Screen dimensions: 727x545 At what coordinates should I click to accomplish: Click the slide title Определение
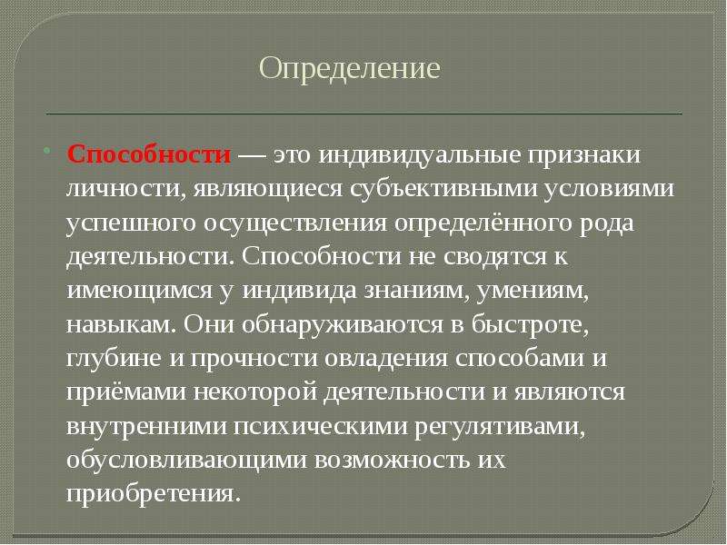point(349,69)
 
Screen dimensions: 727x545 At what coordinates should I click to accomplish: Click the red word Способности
point(149,154)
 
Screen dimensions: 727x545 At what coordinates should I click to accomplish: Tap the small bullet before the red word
point(46,151)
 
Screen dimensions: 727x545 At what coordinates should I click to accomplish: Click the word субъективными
point(443,189)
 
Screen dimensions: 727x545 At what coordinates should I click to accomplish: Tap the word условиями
point(608,190)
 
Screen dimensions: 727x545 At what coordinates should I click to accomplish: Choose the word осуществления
point(295,223)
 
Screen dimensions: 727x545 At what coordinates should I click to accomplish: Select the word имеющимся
point(138,291)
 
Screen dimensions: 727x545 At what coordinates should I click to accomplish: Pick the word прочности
point(254,359)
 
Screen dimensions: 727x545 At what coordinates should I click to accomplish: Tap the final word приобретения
point(154,494)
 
